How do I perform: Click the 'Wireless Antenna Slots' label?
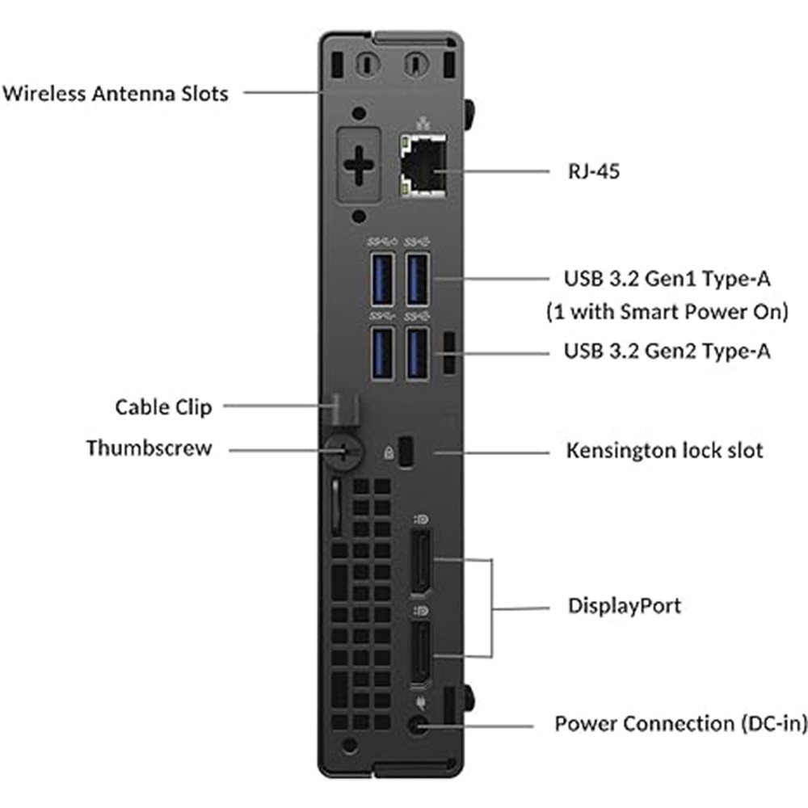click(x=116, y=93)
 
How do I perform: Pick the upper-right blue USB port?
click(x=417, y=279)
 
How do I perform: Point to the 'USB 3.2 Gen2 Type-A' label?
click(x=667, y=351)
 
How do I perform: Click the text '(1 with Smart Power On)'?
click(x=667, y=312)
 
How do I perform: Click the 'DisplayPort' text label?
click(x=625, y=605)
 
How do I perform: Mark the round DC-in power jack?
click(x=419, y=726)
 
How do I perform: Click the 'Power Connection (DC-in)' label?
click(x=680, y=723)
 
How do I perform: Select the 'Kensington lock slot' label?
click(x=664, y=450)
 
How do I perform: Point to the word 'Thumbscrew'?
click(x=149, y=448)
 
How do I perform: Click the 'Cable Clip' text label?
click(x=164, y=406)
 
